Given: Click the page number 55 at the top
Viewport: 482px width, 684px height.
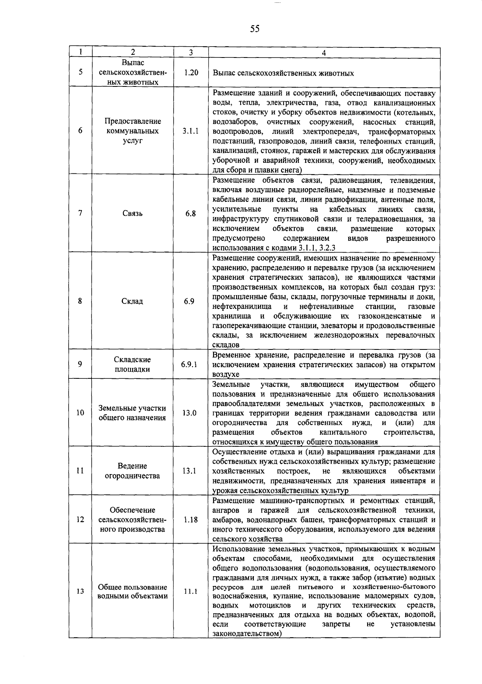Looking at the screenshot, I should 255,29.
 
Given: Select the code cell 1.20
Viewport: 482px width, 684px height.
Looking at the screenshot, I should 191,73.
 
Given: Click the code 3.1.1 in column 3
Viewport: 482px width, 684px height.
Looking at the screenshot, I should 190,131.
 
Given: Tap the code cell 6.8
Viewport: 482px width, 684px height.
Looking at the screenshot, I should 190,214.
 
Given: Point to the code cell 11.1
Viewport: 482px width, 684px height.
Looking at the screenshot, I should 190,592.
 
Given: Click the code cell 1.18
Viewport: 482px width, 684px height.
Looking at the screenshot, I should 190,520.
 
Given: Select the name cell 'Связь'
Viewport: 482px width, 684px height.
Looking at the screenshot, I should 133,214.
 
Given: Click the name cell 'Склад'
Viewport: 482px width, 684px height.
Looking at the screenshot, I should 132,301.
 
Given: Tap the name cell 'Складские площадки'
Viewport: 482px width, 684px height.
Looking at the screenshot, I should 132,364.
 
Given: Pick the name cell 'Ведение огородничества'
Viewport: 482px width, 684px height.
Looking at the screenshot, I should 132,471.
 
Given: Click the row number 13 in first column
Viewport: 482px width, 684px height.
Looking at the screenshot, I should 80,592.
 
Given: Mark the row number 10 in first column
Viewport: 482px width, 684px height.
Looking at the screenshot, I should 80,413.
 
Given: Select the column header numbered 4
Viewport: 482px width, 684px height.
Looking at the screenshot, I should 324,53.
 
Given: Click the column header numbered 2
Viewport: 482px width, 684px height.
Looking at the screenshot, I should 133,53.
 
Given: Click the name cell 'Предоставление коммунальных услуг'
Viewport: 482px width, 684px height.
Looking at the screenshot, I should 133,131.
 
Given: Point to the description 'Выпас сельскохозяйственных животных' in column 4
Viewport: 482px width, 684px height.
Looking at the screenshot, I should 283,73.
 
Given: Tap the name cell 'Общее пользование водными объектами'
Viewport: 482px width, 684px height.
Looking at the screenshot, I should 133,592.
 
